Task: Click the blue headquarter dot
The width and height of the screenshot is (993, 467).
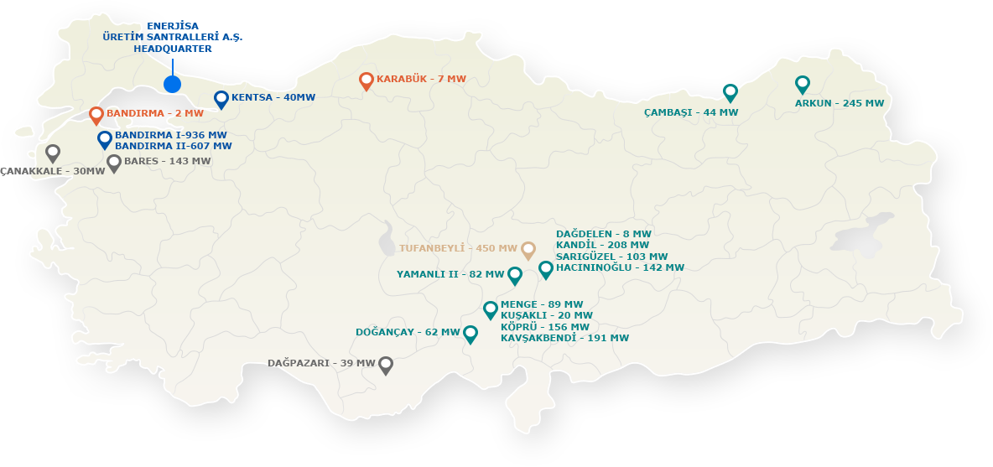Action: pyautogui.click(x=172, y=84)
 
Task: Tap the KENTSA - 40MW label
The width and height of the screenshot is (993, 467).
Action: pyautogui.click(x=273, y=98)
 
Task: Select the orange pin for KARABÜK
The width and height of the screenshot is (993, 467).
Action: pyautogui.click(x=366, y=80)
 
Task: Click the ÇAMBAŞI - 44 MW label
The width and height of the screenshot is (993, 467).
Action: pyautogui.click(x=691, y=112)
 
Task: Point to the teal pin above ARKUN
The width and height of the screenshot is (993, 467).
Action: pyautogui.click(x=802, y=84)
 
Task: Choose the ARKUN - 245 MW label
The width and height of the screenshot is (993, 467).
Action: pyautogui.click(x=839, y=104)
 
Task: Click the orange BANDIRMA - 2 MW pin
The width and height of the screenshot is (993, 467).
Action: pyautogui.click(x=96, y=114)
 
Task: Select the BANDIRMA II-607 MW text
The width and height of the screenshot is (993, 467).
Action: pyautogui.click(x=173, y=147)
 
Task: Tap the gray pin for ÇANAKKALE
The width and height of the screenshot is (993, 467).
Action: pyautogui.click(x=53, y=153)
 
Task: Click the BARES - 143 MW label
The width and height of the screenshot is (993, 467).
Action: pyautogui.click(x=167, y=161)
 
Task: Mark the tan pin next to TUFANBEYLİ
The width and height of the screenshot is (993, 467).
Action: pyautogui.click(x=528, y=249)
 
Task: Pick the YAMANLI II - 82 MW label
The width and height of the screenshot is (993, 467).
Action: pyautogui.click(x=450, y=274)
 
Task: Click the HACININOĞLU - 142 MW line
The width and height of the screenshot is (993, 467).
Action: pyautogui.click(x=620, y=267)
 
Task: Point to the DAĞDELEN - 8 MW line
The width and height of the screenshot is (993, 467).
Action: pyautogui.click(x=603, y=234)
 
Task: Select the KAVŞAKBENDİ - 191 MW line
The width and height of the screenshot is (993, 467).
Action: pyautogui.click(x=564, y=338)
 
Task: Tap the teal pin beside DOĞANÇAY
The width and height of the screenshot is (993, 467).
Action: pyautogui.click(x=471, y=334)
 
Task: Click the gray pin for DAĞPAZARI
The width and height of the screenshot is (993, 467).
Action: pyautogui.click(x=386, y=365)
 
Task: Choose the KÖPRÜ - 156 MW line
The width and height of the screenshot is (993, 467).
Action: pyautogui.click(x=544, y=327)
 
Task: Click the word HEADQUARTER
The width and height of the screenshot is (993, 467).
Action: pyautogui.click(x=172, y=49)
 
